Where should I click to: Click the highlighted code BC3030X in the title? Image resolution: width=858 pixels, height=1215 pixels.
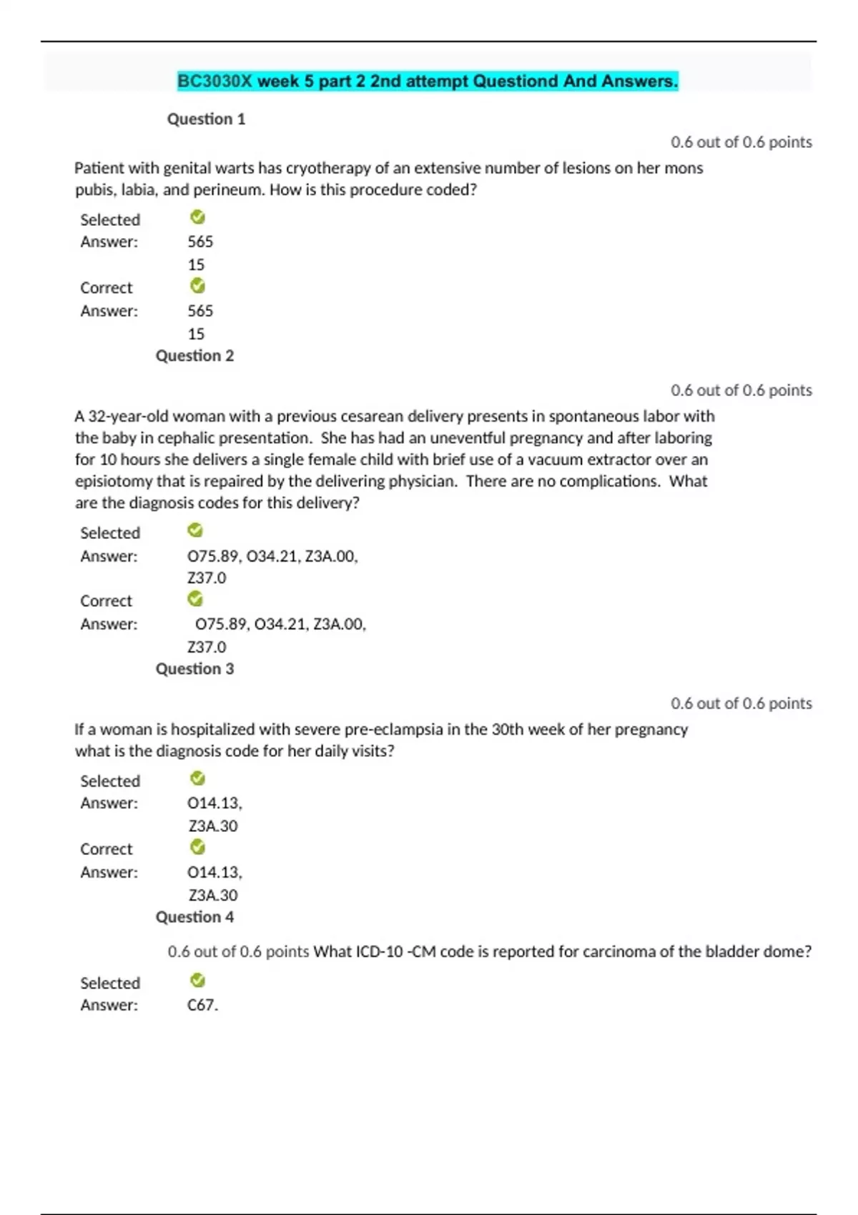[214, 81]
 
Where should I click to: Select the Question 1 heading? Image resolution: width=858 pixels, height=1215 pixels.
[206, 119]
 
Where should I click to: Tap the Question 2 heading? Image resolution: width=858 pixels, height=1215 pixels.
[194, 356]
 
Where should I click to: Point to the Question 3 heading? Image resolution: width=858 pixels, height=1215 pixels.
[194, 669]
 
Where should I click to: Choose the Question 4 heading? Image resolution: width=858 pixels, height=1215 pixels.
[194, 917]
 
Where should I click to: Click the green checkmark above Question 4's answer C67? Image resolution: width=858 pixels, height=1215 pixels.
[198, 980]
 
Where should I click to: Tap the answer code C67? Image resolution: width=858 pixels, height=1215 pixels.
[202, 1005]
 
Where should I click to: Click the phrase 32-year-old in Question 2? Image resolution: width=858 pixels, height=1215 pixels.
[128, 417]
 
